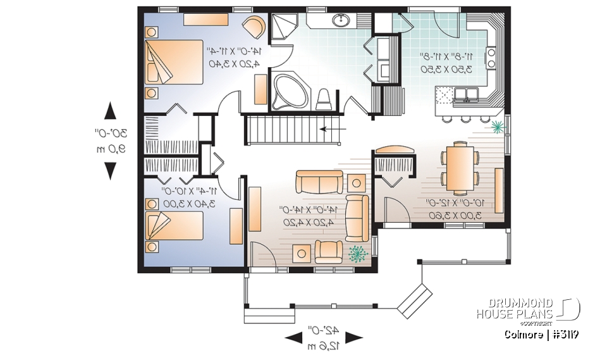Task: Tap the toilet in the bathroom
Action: pyautogui.click(x=324, y=98)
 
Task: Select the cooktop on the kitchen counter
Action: pyautogui.click(x=491, y=57)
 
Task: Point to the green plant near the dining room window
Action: pyautogui.click(x=499, y=127)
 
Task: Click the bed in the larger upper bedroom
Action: pyautogui.click(x=172, y=61)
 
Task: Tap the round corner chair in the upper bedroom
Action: pyautogui.click(x=255, y=28)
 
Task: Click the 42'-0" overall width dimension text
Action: pyautogui.click(x=323, y=330)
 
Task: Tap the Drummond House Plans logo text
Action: pyautogui.click(x=515, y=308)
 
